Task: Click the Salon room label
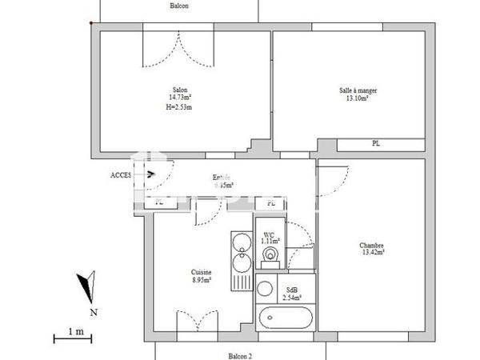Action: pyautogui.click(x=181, y=90)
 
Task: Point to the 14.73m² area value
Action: pyautogui.click(x=181, y=98)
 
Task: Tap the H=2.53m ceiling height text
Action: pyautogui.click(x=181, y=106)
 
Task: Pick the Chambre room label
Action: pyautogui.click(x=372, y=245)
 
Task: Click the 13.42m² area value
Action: pyautogui.click(x=372, y=253)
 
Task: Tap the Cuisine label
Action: pyautogui.click(x=202, y=272)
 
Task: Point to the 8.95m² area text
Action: pyautogui.click(x=202, y=280)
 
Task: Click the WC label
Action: pyautogui.click(x=270, y=234)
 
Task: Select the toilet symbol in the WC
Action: pyautogui.click(x=270, y=254)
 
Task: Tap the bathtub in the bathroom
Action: pyautogui.click(x=286, y=316)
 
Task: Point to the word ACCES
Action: pyautogui.click(x=121, y=174)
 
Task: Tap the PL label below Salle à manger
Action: pyautogui.click(x=375, y=144)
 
